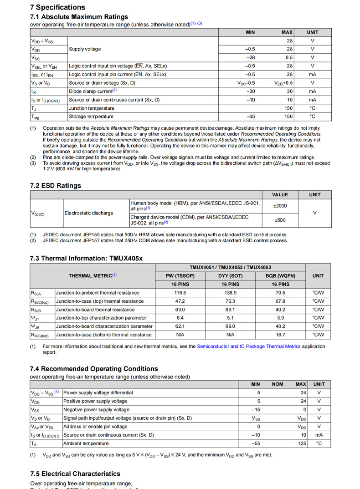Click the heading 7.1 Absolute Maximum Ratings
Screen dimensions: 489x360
point(79,17)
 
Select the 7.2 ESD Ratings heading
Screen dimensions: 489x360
point(56,185)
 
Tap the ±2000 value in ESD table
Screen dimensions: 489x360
point(280,206)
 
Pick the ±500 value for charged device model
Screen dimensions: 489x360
point(280,220)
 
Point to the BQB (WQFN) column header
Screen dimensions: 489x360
point(280,275)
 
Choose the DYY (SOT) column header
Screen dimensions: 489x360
point(230,275)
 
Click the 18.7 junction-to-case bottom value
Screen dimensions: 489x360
point(280,335)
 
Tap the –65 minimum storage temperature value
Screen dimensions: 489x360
point(250,117)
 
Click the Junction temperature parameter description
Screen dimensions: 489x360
point(92,108)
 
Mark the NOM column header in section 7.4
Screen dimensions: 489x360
point(278,384)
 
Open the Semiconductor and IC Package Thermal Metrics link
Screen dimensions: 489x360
point(248,346)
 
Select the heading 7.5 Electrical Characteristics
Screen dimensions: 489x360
point(75,474)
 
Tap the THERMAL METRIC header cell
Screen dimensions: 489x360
point(93,275)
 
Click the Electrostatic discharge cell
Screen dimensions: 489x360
point(89,213)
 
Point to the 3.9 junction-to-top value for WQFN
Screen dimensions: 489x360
point(280,318)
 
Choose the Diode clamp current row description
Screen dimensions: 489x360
point(93,91)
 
